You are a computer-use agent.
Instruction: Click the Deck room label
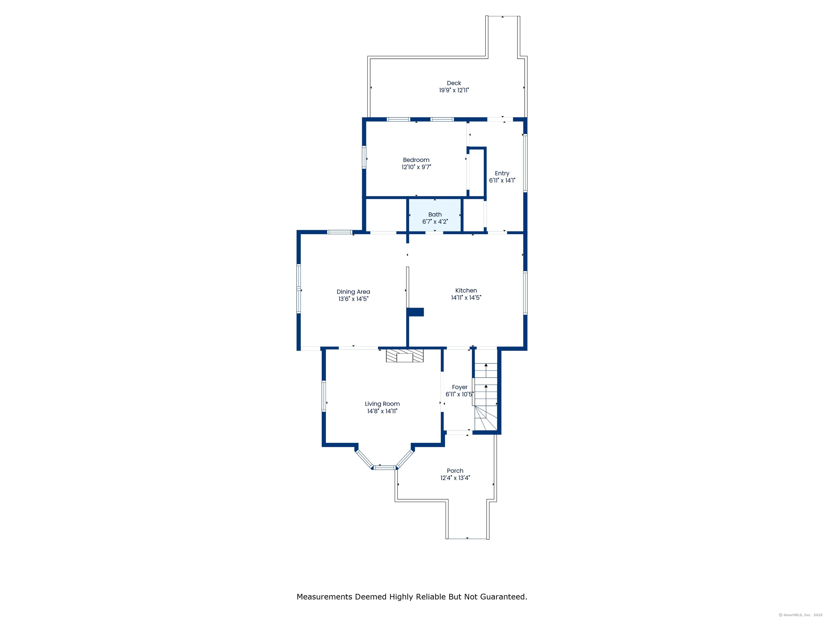pyautogui.click(x=454, y=83)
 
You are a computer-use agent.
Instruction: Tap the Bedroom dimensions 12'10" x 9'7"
pyautogui.click(x=416, y=167)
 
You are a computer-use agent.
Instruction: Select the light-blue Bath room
pyautogui.click(x=435, y=215)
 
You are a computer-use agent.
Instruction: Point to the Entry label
pyautogui.click(x=502, y=173)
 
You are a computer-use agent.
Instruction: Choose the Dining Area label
pyautogui.click(x=353, y=292)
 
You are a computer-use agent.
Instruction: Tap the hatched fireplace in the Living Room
pyautogui.click(x=404, y=356)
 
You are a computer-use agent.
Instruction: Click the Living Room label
pyautogui.click(x=382, y=404)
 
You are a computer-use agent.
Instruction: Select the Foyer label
pyautogui.click(x=460, y=387)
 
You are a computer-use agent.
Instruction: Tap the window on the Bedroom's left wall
pyautogui.click(x=364, y=157)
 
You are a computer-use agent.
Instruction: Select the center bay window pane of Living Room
pyautogui.click(x=384, y=468)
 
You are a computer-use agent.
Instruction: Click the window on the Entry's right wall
pyautogui.click(x=525, y=163)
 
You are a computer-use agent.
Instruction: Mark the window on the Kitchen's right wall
pyautogui.click(x=525, y=293)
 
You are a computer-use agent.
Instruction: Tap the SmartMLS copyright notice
pyautogui.click(x=800, y=615)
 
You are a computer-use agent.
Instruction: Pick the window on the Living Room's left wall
pyautogui.click(x=324, y=396)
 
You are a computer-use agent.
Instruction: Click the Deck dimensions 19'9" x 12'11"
pyautogui.click(x=454, y=90)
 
